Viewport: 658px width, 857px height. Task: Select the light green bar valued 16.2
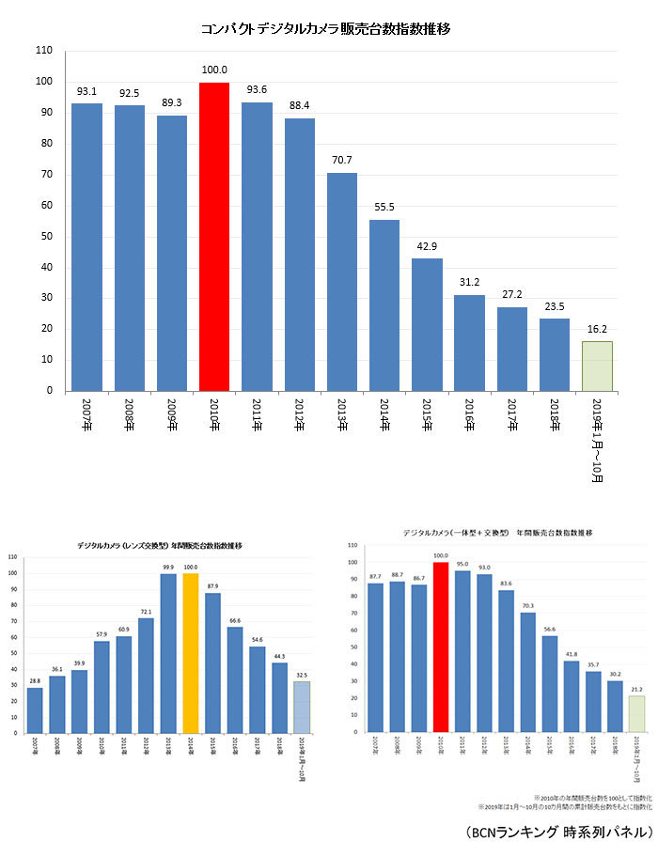597,366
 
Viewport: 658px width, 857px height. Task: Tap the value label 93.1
86,91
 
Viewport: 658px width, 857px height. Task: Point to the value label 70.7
341,161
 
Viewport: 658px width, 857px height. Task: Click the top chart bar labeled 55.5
384,305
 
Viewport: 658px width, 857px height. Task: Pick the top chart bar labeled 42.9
427,324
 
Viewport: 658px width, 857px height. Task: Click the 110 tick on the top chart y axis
45,51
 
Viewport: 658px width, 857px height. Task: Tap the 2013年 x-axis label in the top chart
341,414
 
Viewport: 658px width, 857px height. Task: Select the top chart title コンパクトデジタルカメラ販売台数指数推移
326,29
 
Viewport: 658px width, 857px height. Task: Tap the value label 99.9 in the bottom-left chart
169,566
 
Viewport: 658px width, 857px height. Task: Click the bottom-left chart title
160,545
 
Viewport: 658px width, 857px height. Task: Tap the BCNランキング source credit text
557,833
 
